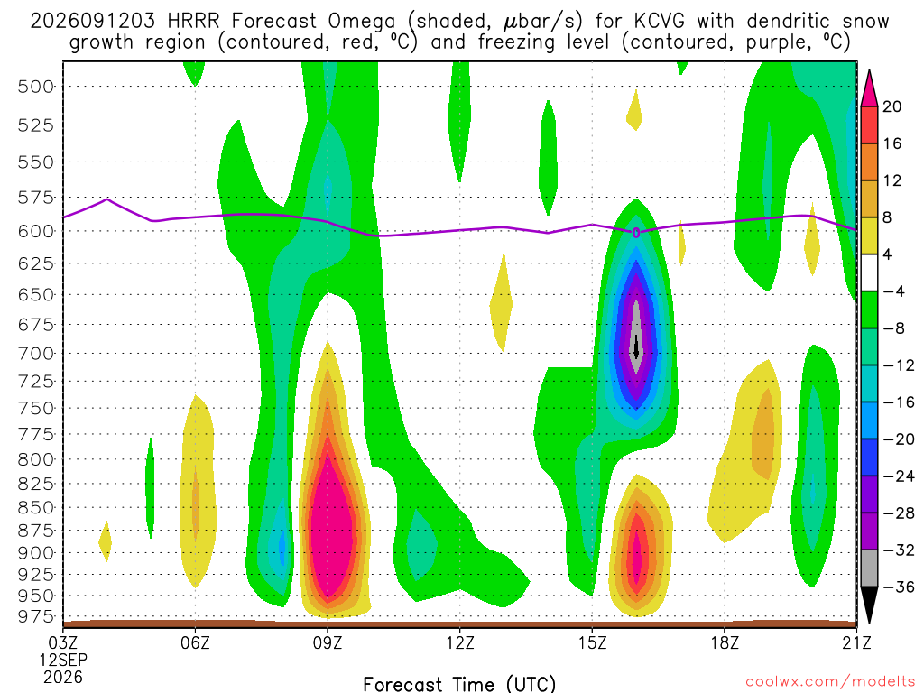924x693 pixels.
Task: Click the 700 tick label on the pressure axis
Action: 36,354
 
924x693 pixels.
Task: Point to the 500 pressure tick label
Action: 36,88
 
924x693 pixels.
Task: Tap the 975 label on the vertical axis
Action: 36,617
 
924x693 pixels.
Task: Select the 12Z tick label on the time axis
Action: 459,642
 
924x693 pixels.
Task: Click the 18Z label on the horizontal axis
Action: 725,642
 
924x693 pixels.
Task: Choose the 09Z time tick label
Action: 327,642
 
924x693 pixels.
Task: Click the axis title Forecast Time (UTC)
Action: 459,684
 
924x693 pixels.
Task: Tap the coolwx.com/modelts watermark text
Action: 830,682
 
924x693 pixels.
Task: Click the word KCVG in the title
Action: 660,22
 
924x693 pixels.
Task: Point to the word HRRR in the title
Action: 193,22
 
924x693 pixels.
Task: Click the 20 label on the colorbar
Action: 892,106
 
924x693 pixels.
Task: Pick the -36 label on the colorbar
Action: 898,587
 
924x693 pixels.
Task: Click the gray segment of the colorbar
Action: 869,568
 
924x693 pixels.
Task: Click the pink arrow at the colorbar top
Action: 869,88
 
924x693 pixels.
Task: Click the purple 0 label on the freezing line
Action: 636,234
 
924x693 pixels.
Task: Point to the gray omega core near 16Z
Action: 636,336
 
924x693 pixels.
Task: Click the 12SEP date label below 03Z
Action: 63,660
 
